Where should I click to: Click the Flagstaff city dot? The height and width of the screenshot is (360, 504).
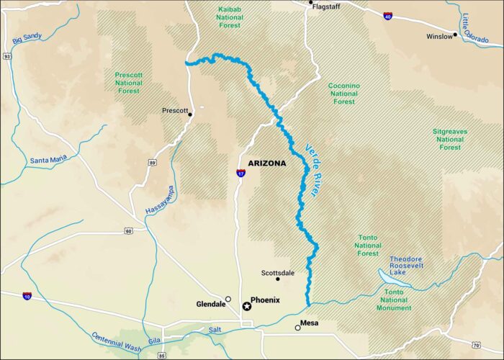click(310, 3)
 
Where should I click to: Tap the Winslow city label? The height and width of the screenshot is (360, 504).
click(439, 35)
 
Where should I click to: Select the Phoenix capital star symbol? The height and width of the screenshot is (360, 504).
click(246, 306)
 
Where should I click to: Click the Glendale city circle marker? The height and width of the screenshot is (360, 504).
click(228, 299)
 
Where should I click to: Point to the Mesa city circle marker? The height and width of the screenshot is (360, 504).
click(297, 328)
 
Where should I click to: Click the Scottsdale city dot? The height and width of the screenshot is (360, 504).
click(277, 279)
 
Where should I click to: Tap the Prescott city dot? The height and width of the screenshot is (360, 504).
click(190, 114)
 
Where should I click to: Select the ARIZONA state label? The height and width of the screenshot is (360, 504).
click(266, 163)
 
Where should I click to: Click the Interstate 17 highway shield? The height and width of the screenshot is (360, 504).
click(240, 174)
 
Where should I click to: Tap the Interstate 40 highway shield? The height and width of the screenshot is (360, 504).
click(388, 16)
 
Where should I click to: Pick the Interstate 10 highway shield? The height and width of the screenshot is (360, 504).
click(27, 296)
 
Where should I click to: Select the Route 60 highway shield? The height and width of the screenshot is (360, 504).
click(127, 231)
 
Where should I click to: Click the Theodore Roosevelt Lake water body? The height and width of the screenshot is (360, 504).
click(390, 274)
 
